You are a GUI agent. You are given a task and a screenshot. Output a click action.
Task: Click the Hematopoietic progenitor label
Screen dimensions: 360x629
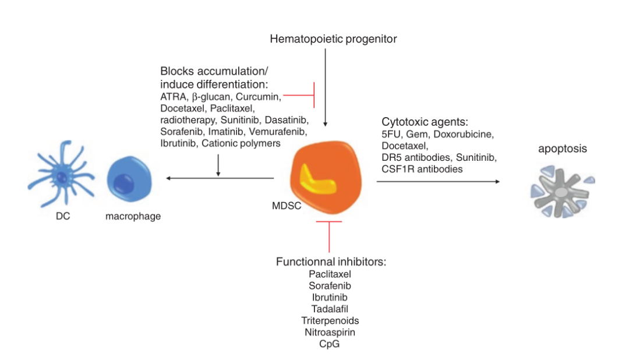click(x=333, y=39)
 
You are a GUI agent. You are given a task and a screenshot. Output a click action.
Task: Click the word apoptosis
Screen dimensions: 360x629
click(x=562, y=149)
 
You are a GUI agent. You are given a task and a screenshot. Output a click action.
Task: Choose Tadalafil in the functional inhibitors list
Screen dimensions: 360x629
click(x=330, y=309)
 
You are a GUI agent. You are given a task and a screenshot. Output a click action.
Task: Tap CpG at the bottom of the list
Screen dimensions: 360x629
click(x=330, y=344)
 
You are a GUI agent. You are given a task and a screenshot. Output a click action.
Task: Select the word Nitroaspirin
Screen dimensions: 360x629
click(x=330, y=333)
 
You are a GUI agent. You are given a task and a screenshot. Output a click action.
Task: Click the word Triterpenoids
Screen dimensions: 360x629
click(x=330, y=321)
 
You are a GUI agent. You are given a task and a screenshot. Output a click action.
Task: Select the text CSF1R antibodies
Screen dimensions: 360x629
click(x=422, y=170)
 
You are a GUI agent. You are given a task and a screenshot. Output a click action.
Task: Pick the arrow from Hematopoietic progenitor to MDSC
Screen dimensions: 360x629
click(x=325, y=87)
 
